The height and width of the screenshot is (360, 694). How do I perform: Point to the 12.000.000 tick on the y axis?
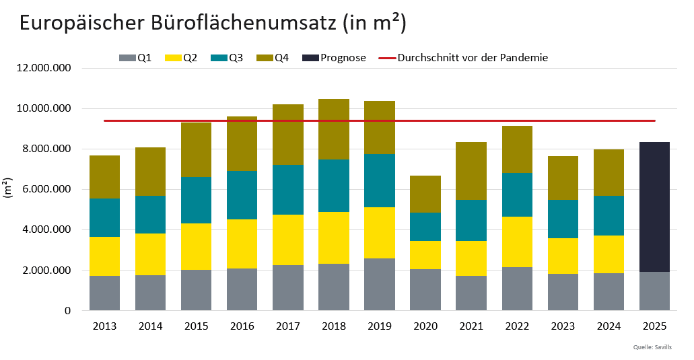[42, 68]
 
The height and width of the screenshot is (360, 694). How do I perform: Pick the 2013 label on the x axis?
[104, 326]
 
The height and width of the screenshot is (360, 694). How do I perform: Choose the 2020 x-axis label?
[425, 326]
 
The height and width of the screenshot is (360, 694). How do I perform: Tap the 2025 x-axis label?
[654, 326]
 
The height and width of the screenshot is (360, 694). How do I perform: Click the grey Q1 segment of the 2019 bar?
[380, 285]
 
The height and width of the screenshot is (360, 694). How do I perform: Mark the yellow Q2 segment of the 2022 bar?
[517, 242]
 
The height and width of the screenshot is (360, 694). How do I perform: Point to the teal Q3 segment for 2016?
[242, 195]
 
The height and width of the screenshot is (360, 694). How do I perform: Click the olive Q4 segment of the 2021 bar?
[471, 171]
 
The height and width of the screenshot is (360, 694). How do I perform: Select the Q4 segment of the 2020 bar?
[425, 194]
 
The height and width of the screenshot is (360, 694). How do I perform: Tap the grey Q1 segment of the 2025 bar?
[654, 291]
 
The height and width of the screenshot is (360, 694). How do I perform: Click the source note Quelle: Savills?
[652, 347]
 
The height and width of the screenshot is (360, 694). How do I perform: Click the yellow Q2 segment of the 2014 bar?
[150, 254]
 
